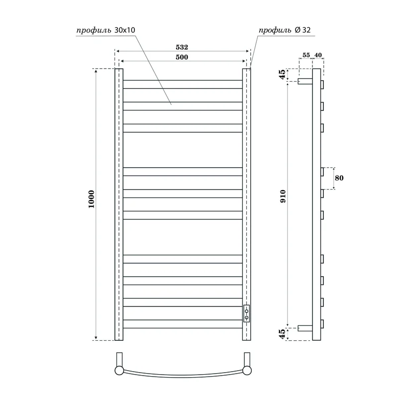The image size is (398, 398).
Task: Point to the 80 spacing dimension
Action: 340,178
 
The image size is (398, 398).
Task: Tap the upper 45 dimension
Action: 283,75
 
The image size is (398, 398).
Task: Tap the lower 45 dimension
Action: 283,333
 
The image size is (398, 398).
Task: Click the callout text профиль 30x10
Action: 105,30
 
